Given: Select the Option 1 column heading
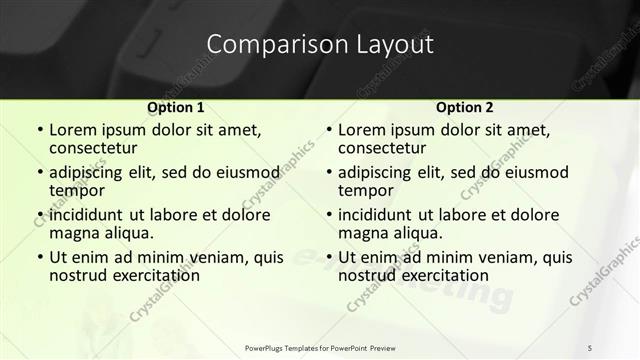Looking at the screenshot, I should pos(175,107).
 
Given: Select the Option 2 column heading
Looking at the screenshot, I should pos(464,107).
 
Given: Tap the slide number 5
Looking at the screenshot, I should pos(590,347).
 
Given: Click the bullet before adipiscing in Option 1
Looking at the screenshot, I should pos(39,172).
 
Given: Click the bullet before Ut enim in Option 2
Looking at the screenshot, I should pos(328,257).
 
